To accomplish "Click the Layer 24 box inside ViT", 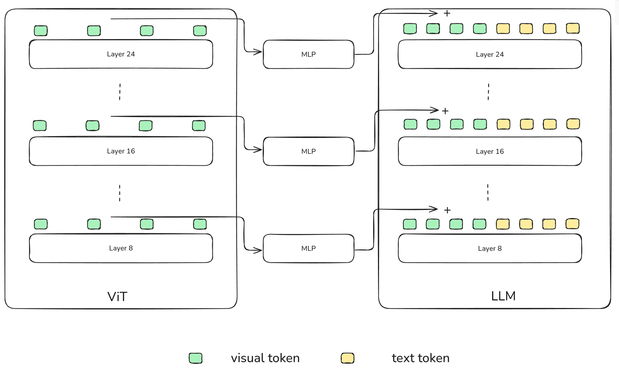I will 121,54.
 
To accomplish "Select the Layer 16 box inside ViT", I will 121,151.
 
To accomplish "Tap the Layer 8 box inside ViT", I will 121,248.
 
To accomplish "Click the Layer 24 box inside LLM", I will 490,54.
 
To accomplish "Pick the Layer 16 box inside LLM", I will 490,151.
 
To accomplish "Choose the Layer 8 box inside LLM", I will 490,248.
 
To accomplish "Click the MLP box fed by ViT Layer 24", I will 308,54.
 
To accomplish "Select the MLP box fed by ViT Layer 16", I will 308,151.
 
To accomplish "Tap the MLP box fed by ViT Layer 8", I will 308,248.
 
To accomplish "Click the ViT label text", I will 117,297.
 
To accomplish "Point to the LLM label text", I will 503,296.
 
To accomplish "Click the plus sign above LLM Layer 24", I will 447,13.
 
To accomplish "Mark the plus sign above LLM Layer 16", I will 445,111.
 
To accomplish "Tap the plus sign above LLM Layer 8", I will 447,210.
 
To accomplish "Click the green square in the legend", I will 195,358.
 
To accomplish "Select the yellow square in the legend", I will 347,358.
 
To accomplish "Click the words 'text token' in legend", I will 420,358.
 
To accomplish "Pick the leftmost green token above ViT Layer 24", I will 41,31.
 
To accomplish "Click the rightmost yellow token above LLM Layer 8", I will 572,224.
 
